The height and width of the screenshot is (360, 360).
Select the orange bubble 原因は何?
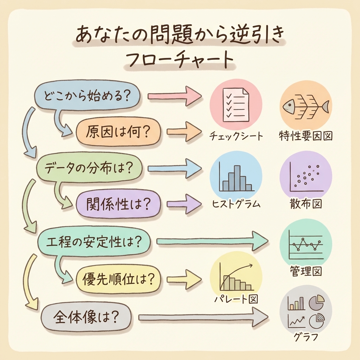pos(118,132)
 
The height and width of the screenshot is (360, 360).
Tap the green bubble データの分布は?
pos(90,169)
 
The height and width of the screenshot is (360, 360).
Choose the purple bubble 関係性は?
pos(118,204)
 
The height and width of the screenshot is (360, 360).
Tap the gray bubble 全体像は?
pos(86,317)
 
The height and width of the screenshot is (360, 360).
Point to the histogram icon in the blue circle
pos(236,178)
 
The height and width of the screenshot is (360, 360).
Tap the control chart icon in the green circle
pos(305,244)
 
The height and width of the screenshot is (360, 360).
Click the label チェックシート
pos(236,136)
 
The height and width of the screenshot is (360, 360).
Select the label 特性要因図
pos(306,136)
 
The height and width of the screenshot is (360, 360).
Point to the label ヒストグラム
pos(236,204)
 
